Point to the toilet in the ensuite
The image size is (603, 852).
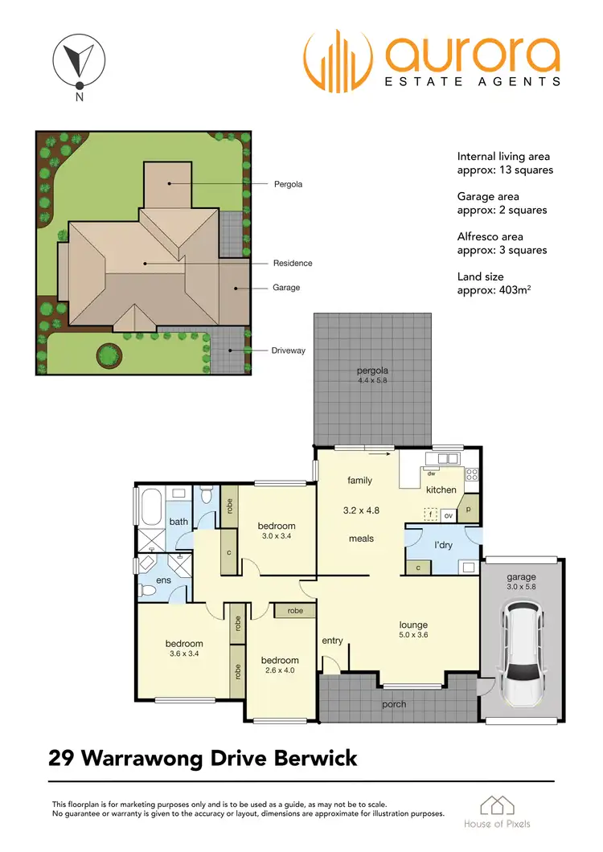tap(149, 591)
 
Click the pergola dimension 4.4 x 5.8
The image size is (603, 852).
tap(372, 381)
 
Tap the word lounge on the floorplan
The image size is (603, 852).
tap(413, 625)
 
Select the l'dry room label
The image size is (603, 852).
tap(443, 545)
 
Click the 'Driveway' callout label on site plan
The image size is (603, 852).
tap(289, 350)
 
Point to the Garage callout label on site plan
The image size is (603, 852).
tap(286, 287)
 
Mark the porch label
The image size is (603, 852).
tap(394, 704)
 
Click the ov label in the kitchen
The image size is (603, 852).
tap(449, 515)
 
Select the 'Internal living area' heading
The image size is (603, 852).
tap(503, 156)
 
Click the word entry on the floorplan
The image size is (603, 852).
tap(332, 641)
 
